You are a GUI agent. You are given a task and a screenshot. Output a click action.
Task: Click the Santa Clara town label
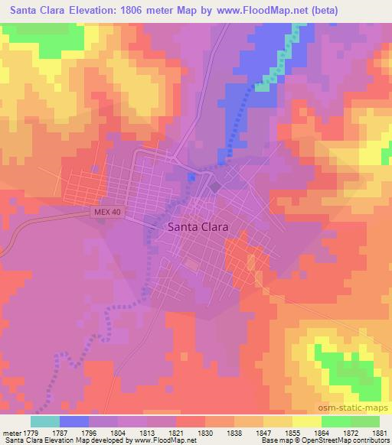pos(195,226)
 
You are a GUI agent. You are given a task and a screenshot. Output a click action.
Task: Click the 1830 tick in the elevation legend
pos(206,433)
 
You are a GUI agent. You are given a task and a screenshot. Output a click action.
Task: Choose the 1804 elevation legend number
pos(119,433)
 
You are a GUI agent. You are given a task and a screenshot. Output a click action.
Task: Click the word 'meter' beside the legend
pos(11,433)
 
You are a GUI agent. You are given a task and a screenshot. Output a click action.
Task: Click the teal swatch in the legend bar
pos(44,421)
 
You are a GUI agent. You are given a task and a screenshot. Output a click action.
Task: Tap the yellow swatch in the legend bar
pos(306,421)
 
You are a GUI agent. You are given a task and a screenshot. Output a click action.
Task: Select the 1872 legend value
pos(351,433)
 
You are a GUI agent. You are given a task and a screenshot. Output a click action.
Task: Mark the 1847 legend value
pos(264,433)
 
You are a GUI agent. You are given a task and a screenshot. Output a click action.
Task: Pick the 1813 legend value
pos(148,433)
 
